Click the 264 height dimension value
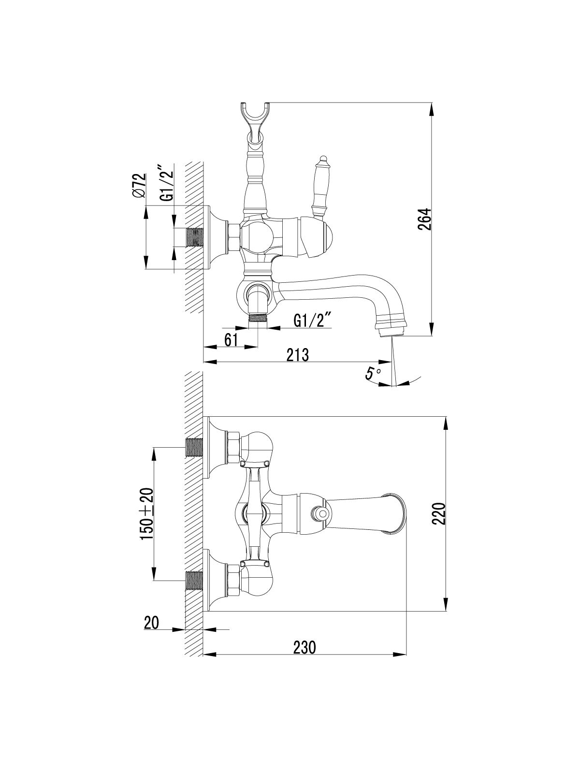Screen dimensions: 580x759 [x=424, y=219]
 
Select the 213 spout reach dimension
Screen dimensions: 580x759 [x=298, y=355]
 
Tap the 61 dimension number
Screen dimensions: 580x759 [x=231, y=340]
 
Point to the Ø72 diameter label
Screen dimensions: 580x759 [x=139, y=186]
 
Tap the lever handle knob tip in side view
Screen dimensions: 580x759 [x=322, y=160]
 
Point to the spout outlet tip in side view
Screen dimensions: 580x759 [x=392, y=332]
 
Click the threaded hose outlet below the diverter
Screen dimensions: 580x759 [x=258, y=318]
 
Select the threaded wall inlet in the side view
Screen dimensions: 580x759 [x=195, y=237]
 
